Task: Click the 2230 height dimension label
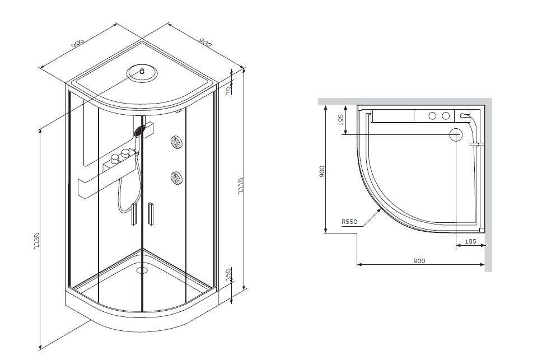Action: coord(36,241)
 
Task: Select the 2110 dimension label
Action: coord(241,186)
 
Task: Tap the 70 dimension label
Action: coord(228,91)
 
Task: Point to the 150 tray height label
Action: coord(228,274)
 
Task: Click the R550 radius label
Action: coord(349,222)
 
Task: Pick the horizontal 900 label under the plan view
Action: coord(419,261)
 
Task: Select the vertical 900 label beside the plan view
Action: coord(322,171)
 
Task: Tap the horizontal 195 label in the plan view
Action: coord(470,241)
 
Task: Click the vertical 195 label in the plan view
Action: coord(341,120)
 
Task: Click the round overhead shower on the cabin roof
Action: coord(142,73)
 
